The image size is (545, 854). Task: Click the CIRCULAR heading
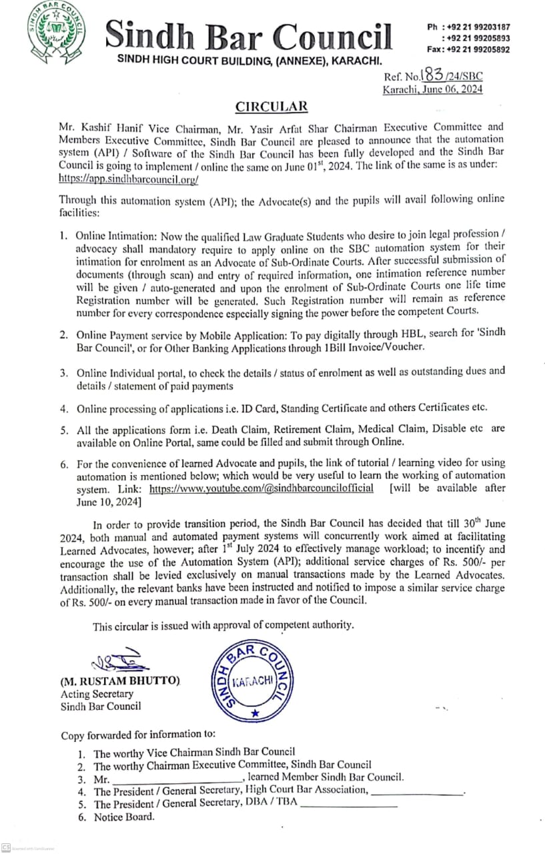(x=271, y=107)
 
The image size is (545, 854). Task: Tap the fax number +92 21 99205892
(x=477, y=49)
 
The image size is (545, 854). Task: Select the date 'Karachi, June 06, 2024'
(x=432, y=89)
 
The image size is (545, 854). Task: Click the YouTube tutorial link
(x=261, y=488)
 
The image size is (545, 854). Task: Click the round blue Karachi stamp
(x=251, y=681)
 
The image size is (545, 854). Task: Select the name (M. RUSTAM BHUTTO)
(x=121, y=681)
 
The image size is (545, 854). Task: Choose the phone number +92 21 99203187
(x=477, y=27)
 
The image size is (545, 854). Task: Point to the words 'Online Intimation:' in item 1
(x=119, y=236)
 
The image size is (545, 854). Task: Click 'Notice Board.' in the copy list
(x=124, y=817)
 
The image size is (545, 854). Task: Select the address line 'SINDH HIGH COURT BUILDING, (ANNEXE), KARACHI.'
(x=249, y=61)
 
